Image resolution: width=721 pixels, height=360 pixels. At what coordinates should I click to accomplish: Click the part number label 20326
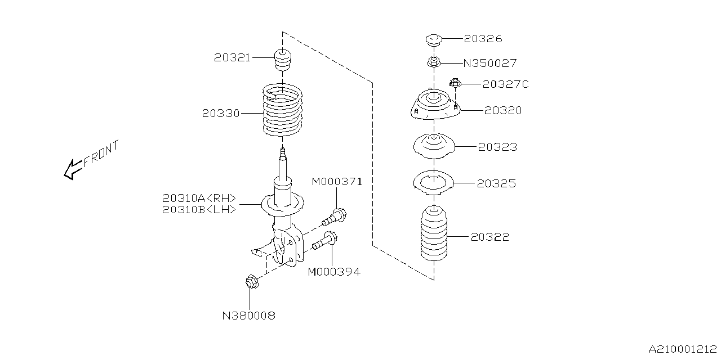point(483,39)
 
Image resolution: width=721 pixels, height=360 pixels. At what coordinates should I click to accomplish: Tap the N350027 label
point(489,63)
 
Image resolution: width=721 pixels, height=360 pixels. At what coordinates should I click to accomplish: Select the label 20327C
point(505,84)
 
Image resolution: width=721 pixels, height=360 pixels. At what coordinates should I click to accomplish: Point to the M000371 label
point(337,181)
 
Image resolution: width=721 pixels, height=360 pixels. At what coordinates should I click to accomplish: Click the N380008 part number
point(248,316)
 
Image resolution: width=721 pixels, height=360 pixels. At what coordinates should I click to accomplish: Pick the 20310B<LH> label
point(199,210)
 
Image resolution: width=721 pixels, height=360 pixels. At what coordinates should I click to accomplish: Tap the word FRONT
point(101,154)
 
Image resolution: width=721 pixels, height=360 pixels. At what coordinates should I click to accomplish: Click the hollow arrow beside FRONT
point(73,169)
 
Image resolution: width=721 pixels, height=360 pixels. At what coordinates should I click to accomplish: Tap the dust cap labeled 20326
point(433,40)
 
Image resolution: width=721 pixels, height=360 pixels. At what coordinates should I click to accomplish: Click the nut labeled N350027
point(433,61)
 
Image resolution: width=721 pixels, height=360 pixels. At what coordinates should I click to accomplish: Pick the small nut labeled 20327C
point(456,84)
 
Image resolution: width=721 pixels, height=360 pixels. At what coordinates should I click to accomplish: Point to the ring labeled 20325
point(433,183)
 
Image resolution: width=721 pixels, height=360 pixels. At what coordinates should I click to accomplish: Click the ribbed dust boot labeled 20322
point(434,235)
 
